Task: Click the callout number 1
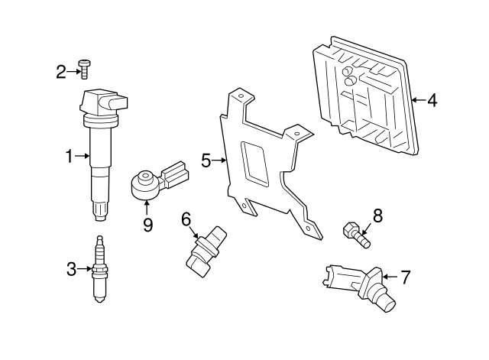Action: coord(70,156)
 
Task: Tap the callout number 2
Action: coord(61,72)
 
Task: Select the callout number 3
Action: coord(71,269)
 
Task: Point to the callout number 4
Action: coord(432,100)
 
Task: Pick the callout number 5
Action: coord(206,161)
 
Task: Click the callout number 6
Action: coord(186,219)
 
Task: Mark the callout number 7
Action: coord(405,277)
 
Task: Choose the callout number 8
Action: coord(377,216)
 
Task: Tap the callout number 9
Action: coord(147,225)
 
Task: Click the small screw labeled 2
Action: coord(84,70)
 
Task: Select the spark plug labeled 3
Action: coord(99,269)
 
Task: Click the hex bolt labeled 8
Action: coord(357,235)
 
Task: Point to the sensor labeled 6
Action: coord(206,251)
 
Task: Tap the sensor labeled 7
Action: coord(358,287)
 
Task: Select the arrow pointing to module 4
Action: coord(419,100)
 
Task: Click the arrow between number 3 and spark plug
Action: coord(84,269)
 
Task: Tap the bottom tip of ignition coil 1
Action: coord(100,219)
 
